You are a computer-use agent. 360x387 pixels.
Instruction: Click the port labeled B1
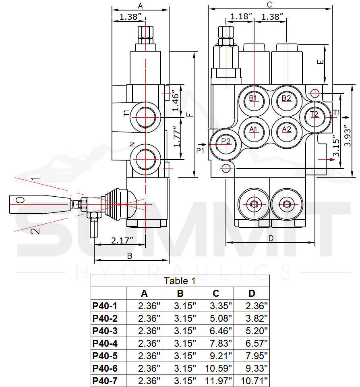[x=254, y=98]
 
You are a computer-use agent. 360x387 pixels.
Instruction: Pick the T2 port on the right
[x=314, y=114]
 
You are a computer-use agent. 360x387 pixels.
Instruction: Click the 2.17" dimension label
[x=122, y=241]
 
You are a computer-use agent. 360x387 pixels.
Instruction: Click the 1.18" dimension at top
[x=241, y=17]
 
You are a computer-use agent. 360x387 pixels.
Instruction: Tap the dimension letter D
[x=271, y=238]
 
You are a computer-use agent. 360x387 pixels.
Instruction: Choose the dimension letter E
[x=320, y=62]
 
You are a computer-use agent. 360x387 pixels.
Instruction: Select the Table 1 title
[x=180, y=281]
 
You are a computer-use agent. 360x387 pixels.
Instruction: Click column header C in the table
[x=216, y=293]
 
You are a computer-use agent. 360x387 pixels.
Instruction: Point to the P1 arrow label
[x=201, y=150]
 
